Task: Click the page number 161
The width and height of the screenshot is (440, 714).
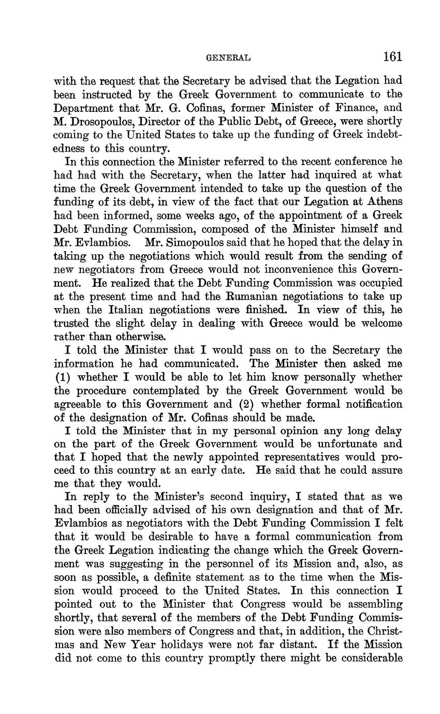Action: [392, 56]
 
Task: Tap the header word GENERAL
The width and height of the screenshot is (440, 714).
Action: [228, 58]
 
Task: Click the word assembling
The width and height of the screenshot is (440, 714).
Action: [366, 605]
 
